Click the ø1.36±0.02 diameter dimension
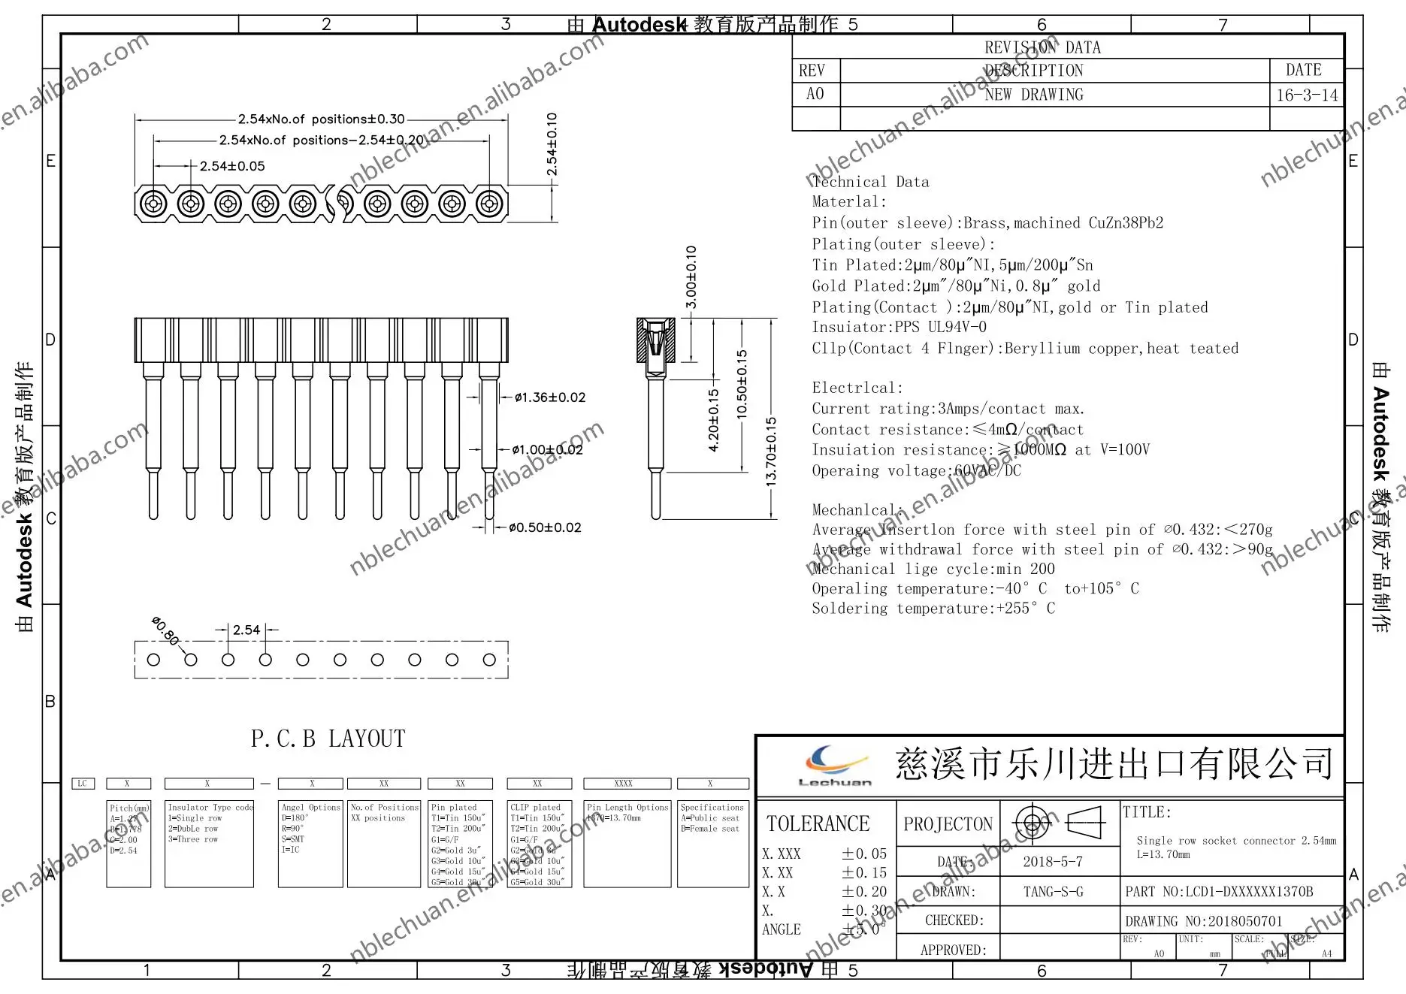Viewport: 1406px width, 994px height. point(549,397)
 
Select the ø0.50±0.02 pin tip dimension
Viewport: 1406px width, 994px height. point(545,527)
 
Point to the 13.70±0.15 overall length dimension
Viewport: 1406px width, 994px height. point(771,452)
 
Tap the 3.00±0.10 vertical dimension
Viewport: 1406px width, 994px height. point(691,276)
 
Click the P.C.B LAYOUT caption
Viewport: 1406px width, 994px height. point(328,739)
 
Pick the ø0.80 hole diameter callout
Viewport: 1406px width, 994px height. point(165,630)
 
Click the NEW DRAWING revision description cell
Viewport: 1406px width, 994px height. point(1034,95)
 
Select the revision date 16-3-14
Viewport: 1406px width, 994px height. point(1307,95)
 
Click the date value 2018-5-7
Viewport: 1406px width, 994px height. point(1052,862)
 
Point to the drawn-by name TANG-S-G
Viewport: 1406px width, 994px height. point(1053,892)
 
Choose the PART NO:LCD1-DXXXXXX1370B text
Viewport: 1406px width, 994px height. point(1219,892)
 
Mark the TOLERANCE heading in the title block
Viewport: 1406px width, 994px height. point(818,823)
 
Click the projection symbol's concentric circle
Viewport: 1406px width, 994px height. point(1033,823)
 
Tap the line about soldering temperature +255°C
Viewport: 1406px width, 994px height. point(933,609)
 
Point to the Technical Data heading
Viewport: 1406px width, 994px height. point(870,182)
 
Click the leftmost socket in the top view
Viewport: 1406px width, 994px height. point(153,204)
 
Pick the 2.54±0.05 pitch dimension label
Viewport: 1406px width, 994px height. point(232,166)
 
